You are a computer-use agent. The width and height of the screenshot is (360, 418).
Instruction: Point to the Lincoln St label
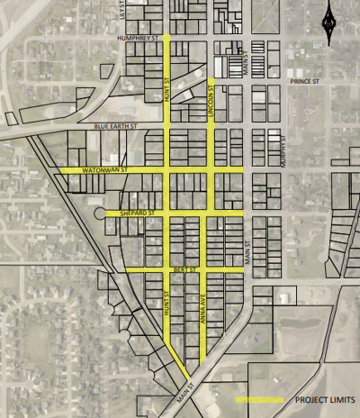point(212,95)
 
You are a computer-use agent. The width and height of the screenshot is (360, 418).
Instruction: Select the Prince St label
point(305,81)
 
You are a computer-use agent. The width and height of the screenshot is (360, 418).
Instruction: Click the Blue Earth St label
point(112,127)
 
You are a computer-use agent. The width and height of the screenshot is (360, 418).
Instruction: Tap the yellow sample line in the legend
point(258,399)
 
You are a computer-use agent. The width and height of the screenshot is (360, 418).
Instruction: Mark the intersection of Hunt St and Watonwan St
point(167,168)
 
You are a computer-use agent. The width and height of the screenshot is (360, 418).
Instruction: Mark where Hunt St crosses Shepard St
point(167,214)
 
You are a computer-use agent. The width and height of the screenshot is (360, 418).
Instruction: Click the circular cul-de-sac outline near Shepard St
point(97,215)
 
